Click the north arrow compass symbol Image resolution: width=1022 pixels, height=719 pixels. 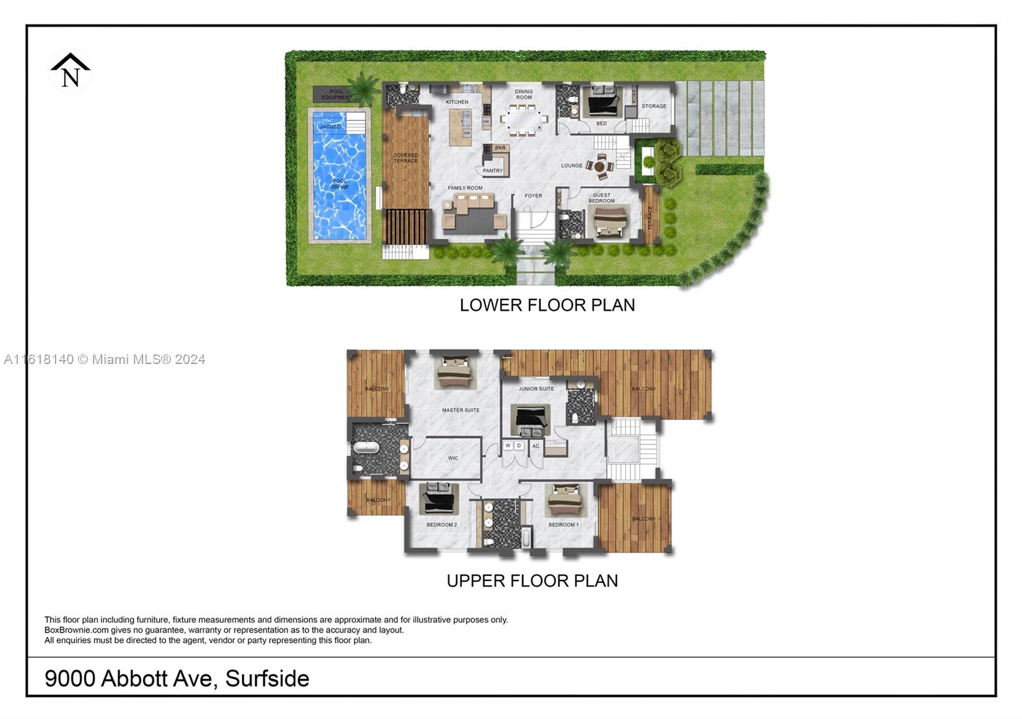70,70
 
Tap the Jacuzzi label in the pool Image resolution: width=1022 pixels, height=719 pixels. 330,126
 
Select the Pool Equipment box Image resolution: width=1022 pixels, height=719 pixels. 336,95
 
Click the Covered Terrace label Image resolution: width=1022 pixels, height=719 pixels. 406,158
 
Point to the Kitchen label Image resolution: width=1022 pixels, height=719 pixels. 457,102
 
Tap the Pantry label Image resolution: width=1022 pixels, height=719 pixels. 492,170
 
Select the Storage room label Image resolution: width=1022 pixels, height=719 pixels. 653,106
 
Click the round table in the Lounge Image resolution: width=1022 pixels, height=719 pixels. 600,167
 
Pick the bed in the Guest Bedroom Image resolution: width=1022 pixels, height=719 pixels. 611,222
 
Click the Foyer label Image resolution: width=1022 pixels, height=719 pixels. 533,196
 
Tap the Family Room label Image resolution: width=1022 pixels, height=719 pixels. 465,188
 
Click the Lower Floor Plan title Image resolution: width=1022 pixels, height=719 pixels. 547,305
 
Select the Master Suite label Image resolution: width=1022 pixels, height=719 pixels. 461,410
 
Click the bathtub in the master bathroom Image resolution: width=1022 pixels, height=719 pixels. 367,447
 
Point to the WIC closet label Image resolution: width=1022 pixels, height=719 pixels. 453,458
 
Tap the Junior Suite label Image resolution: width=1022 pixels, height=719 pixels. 536,389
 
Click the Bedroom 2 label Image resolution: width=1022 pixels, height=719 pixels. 441,525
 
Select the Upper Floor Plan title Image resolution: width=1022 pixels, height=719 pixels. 532,581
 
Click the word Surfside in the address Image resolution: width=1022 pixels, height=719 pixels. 267,678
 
